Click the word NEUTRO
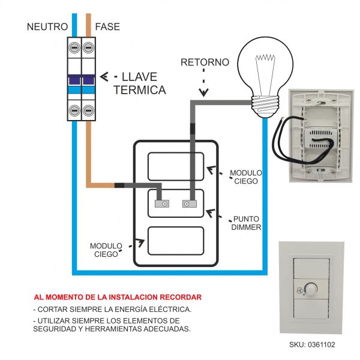click(x=46, y=26)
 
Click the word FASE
click(x=107, y=26)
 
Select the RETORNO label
click(x=205, y=62)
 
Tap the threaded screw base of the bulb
click(x=265, y=108)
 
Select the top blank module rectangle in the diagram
click(x=175, y=166)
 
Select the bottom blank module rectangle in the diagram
click(x=175, y=241)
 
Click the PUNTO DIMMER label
click(x=247, y=223)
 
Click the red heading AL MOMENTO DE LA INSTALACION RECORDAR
click(x=118, y=297)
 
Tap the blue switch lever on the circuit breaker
click(x=82, y=80)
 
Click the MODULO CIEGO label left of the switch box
click(x=106, y=250)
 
